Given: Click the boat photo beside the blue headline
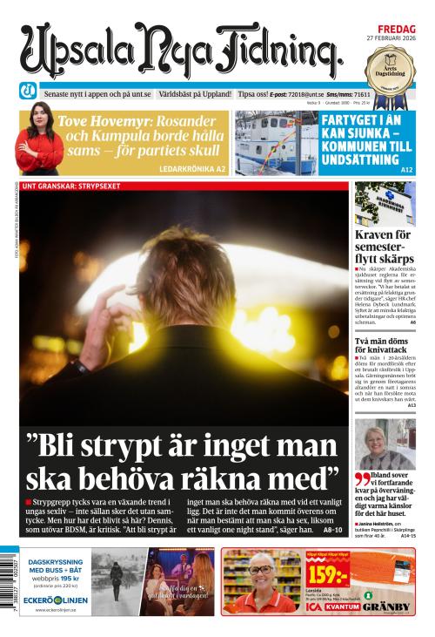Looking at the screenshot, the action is (x=276, y=143).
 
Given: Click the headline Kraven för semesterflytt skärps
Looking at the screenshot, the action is (x=385, y=247).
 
